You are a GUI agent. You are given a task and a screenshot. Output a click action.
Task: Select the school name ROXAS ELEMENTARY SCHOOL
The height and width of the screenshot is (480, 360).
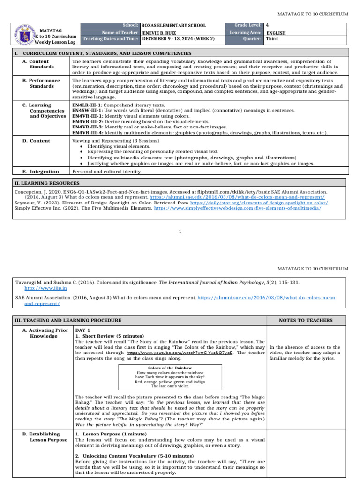pos(173,25)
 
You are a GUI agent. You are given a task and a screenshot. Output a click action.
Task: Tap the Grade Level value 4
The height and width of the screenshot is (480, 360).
pos(268,25)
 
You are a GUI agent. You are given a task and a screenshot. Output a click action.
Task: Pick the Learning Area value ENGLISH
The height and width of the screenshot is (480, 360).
pos(276,33)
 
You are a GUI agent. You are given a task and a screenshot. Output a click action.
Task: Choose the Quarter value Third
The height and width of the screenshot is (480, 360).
pos(272,39)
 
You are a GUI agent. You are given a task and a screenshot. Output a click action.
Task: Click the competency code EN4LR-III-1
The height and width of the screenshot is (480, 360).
pos(87,105)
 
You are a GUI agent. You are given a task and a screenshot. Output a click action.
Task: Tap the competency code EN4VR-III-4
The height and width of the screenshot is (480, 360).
pos(87,133)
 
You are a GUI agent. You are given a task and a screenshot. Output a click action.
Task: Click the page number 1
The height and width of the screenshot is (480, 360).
pos(180,231)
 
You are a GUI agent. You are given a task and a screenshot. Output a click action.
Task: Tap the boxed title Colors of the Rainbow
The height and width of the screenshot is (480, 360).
pos(171,368)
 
